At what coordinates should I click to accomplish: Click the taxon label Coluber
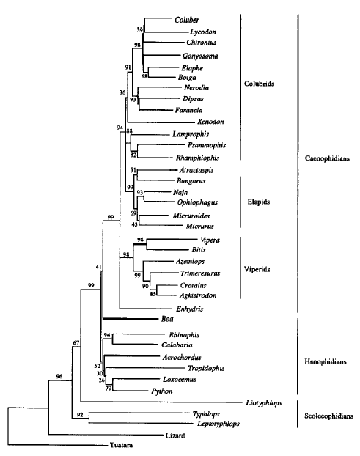(x=187, y=20)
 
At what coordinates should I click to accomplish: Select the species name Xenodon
(x=210, y=122)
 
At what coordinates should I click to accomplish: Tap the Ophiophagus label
(x=197, y=202)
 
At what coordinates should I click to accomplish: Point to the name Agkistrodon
(x=198, y=295)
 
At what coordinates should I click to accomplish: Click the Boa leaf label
(x=167, y=319)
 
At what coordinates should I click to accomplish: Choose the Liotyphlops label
(x=264, y=403)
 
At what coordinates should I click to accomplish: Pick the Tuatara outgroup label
(x=121, y=445)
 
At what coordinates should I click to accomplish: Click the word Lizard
(x=175, y=435)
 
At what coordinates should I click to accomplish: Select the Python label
(x=162, y=391)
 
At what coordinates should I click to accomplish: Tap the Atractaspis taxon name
(x=196, y=170)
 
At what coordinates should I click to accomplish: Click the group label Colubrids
(x=259, y=84)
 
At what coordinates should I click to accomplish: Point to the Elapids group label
(x=259, y=202)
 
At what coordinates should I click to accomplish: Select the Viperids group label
(x=257, y=269)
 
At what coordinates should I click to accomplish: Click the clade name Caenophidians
(x=327, y=158)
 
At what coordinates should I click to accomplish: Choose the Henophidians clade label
(x=326, y=361)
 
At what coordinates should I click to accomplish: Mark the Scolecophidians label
(x=328, y=416)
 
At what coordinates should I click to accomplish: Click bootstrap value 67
(x=76, y=343)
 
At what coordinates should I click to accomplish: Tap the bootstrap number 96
(x=59, y=376)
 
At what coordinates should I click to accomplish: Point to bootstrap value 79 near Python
(x=109, y=389)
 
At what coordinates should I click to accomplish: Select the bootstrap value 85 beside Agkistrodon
(x=153, y=294)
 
